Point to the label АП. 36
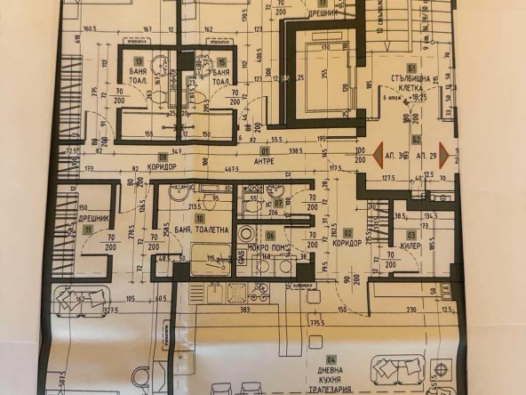pyautogui.click(x=395, y=155)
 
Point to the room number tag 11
pyautogui.click(x=88, y=229)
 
